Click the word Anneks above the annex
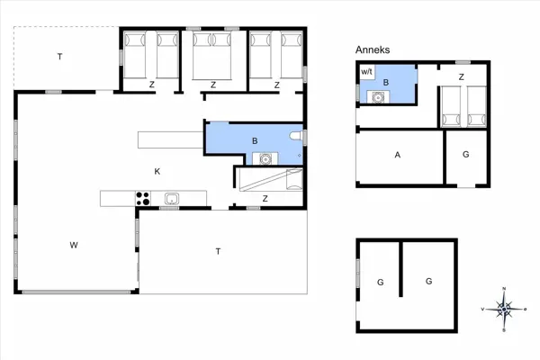373,51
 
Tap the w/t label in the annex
366,71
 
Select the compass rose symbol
505,309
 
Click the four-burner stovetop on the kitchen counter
142,199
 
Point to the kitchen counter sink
172,199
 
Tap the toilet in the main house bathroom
295,135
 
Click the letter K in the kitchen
157,171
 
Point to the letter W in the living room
76,245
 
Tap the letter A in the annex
397,155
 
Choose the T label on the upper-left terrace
60,57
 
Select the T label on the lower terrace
218,250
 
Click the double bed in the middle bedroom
213,54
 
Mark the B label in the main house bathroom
255,140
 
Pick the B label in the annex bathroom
386,82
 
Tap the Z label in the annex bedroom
461,77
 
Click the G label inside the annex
465,155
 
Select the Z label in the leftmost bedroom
151,85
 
